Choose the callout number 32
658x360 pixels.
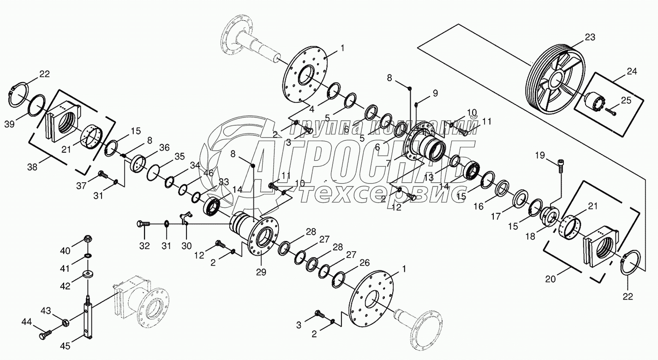tap(145, 246)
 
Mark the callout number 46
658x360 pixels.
tap(209, 173)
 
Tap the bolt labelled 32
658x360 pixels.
tap(144, 224)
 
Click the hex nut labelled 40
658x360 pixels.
tap(88, 239)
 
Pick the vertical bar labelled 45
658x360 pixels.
tap(88, 318)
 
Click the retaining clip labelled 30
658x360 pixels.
tap(185, 217)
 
